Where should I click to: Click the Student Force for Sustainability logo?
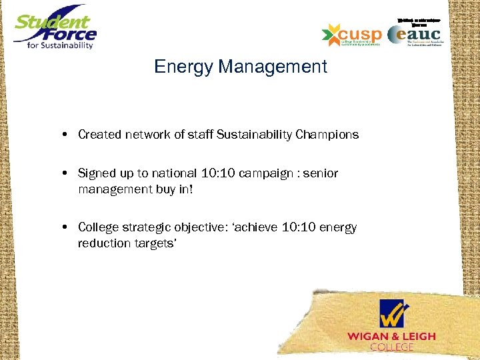(55, 29)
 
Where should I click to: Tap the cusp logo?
(351, 34)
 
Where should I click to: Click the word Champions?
(325, 135)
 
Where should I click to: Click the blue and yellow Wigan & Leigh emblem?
(392, 313)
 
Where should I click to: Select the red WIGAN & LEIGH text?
(391, 336)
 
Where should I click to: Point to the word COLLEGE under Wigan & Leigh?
(391, 347)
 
